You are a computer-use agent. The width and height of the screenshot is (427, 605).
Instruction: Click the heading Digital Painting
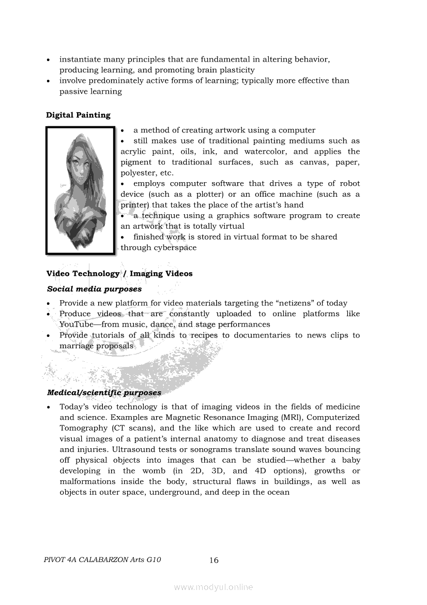tap(78, 115)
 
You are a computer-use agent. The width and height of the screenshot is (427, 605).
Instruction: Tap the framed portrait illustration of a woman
tap(80, 191)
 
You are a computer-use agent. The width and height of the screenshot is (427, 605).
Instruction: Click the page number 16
tap(214, 560)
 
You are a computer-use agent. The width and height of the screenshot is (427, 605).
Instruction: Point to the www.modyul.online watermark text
tap(213, 587)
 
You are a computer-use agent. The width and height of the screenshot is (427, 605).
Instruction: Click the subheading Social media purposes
tap(94, 289)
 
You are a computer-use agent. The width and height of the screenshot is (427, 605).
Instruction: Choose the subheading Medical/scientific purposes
tap(104, 393)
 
